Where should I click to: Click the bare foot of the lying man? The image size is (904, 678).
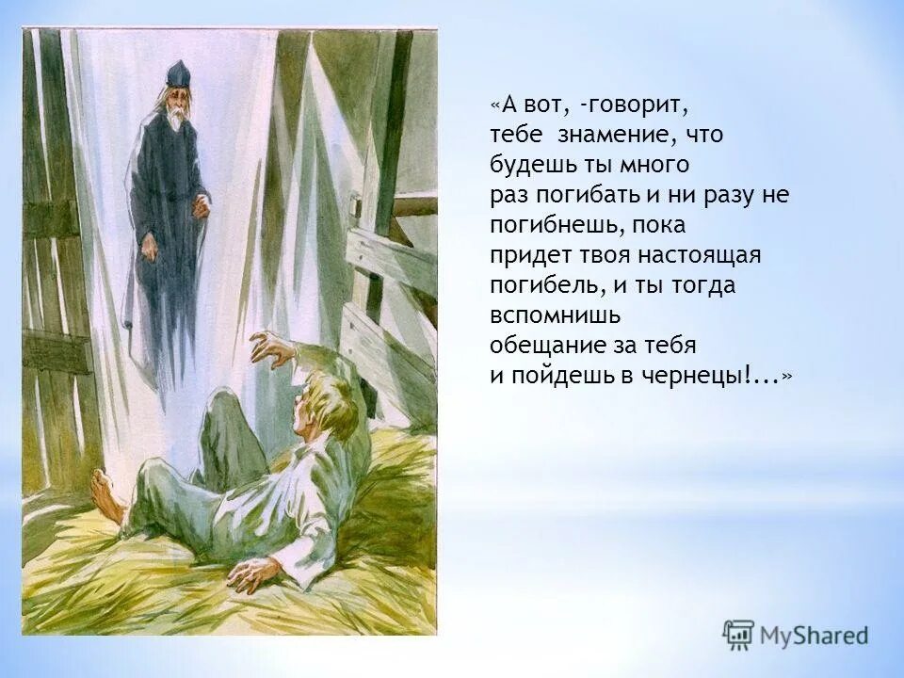(x=106, y=493)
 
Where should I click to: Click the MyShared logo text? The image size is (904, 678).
(x=815, y=635)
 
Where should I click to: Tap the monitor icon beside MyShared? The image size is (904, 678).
(x=738, y=634)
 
